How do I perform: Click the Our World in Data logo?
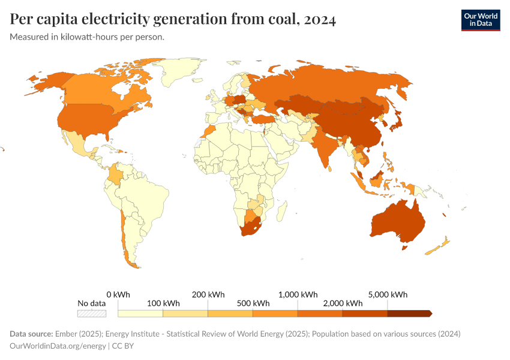(480, 19)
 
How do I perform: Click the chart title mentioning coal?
(173, 19)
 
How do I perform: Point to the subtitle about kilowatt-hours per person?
(87, 37)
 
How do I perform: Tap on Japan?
(397, 124)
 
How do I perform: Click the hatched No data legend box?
(92, 313)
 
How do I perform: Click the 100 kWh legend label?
(163, 303)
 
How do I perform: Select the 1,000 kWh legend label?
(298, 295)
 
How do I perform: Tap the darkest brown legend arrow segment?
(409, 313)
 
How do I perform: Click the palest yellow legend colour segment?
(140, 313)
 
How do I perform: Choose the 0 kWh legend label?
(118, 295)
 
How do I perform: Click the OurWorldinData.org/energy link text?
(58, 346)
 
